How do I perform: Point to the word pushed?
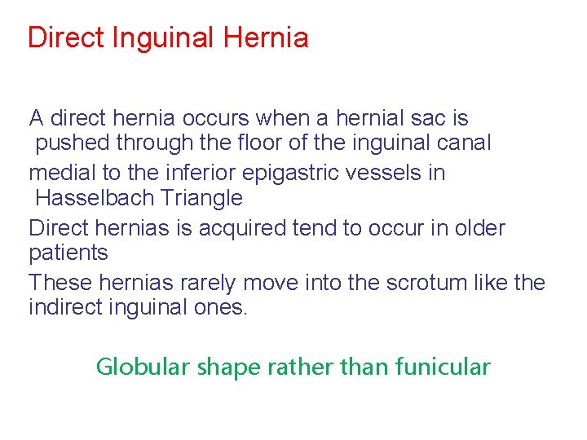click(73, 143)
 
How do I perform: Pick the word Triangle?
click(201, 198)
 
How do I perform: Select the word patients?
click(68, 253)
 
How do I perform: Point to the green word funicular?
click(443, 367)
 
